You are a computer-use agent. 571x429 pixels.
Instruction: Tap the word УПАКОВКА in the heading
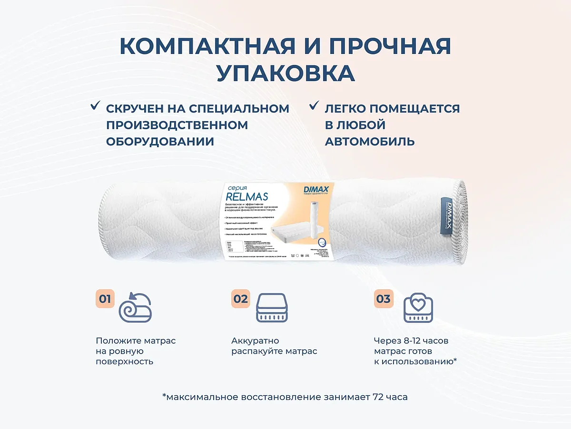point(285,73)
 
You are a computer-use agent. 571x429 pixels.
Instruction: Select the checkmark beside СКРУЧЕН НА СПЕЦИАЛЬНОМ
point(95,106)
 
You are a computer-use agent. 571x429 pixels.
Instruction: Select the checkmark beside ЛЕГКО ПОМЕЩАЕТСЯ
point(314,106)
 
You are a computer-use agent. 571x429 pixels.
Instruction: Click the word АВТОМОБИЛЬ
point(370,142)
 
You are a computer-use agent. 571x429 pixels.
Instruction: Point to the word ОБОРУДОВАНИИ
point(160,142)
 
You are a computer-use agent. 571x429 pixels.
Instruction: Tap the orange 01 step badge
point(105,299)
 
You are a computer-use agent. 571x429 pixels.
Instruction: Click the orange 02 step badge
point(241,299)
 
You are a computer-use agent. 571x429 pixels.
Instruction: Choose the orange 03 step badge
point(383,299)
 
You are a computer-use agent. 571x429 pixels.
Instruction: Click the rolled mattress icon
point(135,307)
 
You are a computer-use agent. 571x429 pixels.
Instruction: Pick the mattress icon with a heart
point(418,308)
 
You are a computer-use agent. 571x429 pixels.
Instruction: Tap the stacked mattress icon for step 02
point(272,308)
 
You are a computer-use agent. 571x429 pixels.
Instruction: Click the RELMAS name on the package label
point(246,196)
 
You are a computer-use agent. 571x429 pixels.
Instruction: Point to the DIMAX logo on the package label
point(316,190)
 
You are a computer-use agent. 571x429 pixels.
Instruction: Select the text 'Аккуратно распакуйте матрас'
point(274,346)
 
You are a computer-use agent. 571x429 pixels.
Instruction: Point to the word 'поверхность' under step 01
point(124,361)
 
